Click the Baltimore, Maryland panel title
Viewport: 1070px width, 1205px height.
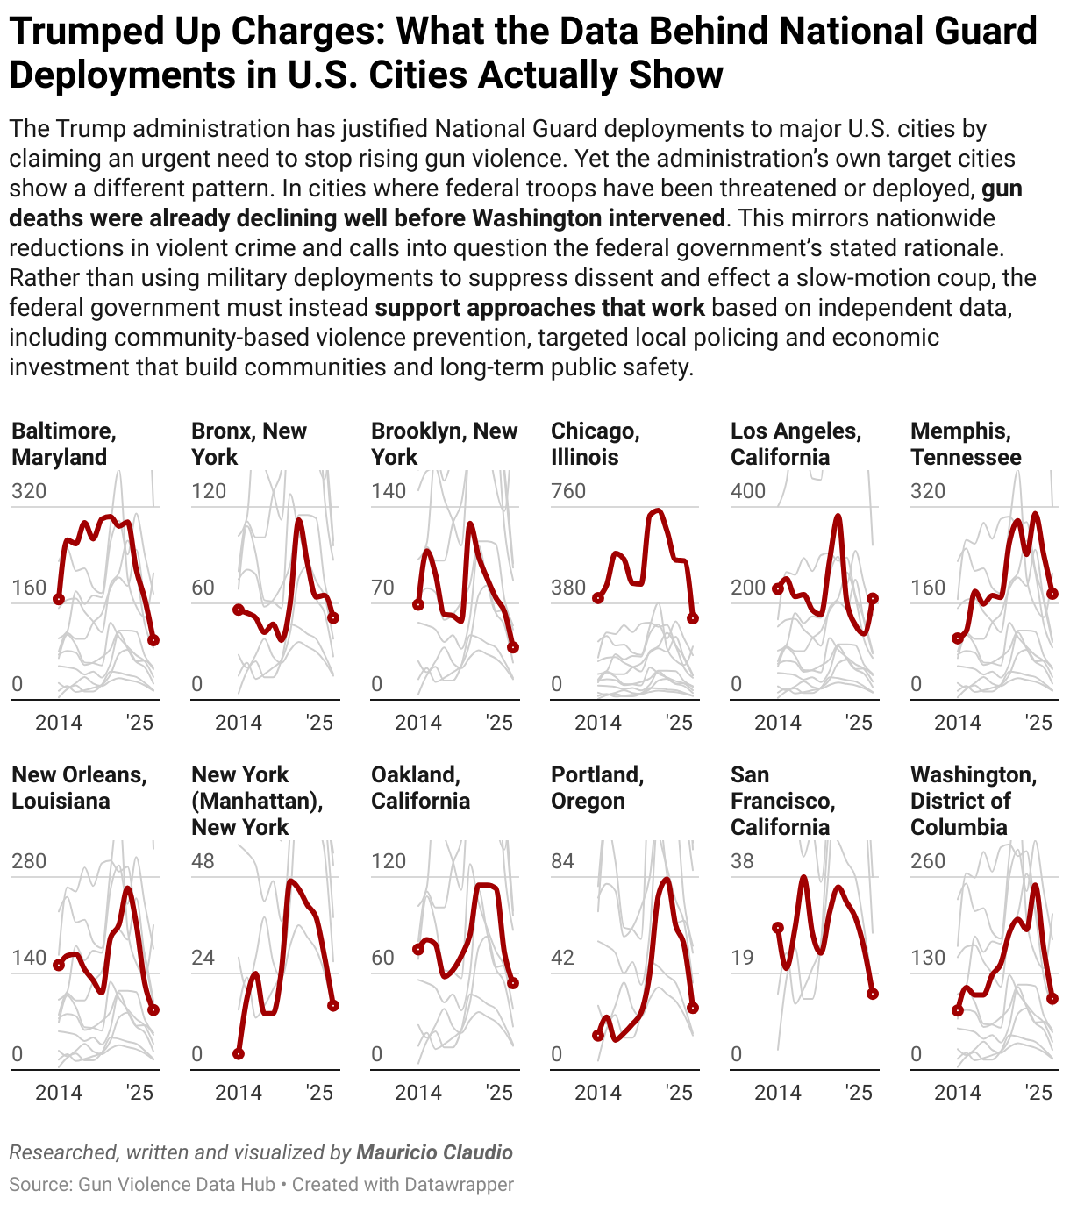63,444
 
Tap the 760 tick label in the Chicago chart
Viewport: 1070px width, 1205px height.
567,491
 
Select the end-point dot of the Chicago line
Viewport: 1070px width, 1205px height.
693,618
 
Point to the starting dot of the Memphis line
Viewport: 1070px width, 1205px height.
958,638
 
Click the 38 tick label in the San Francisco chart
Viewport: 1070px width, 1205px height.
742,861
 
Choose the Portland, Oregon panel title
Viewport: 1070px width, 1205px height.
597,788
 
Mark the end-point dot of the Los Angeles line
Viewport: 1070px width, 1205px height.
873,598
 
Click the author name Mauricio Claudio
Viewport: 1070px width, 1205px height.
434,1152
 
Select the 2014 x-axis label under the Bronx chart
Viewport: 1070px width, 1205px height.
238,723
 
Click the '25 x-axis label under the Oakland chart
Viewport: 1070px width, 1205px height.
498,1093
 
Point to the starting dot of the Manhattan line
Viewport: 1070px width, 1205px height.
239,1053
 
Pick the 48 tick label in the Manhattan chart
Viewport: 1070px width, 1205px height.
203,861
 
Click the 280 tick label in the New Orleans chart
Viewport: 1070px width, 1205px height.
29,861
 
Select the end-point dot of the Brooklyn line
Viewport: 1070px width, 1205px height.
513,647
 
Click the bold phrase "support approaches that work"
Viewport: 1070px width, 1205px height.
539,308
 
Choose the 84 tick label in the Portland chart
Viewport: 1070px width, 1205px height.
562,861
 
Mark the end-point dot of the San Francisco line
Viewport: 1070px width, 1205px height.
873,994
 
